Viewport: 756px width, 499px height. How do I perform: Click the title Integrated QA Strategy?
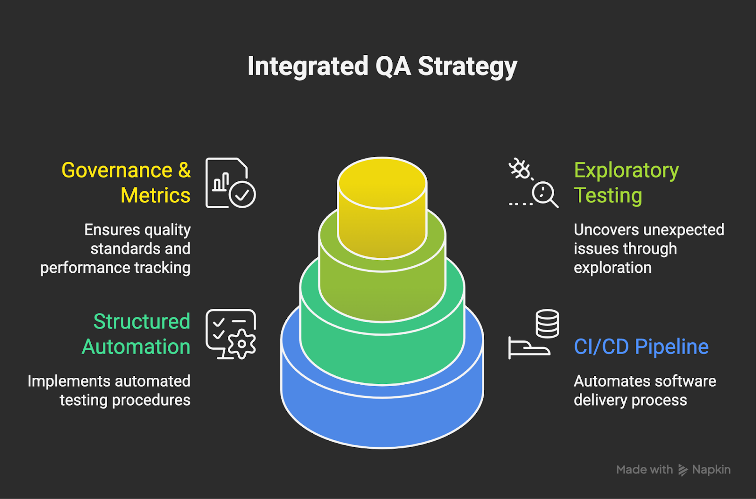[x=382, y=66]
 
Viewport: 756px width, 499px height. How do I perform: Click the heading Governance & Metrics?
[x=126, y=183]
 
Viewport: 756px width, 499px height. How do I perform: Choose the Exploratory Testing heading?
[x=626, y=183]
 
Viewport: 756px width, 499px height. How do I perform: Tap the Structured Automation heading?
[x=136, y=334]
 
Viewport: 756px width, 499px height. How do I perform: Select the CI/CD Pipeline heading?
[x=641, y=347]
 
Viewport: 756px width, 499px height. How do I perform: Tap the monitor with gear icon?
[x=231, y=334]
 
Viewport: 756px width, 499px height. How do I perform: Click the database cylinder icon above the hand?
[x=547, y=324]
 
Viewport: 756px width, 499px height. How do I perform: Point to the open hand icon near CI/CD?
[x=529, y=348]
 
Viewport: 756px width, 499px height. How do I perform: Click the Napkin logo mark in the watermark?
[x=683, y=470]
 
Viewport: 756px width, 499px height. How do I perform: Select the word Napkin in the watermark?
[x=711, y=470]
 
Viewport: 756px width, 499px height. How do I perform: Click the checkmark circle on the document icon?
[x=242, y=194]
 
